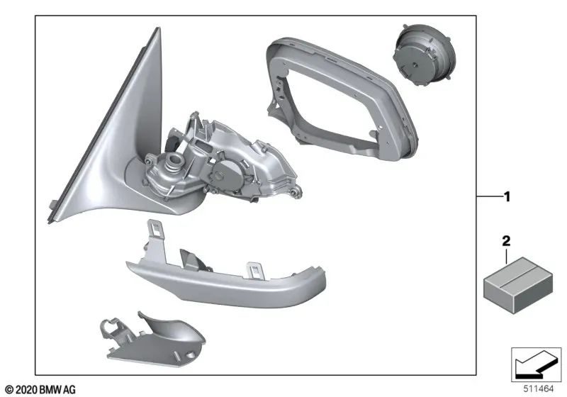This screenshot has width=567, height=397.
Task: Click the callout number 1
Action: [x=507, y=197]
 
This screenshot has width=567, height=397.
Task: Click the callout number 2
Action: [x=506, y=241]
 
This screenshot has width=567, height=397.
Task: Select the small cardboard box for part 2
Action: [x=518, y=285]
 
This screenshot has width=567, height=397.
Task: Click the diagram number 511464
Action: [x=539, y=389]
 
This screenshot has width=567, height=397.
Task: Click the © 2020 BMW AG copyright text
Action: [x=41, y=390]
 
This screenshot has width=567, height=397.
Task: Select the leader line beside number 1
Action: [x=490, y=196]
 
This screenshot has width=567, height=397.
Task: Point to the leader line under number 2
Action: [x=506, y=255]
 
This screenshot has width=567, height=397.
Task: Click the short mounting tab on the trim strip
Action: [x=256, y=271]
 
